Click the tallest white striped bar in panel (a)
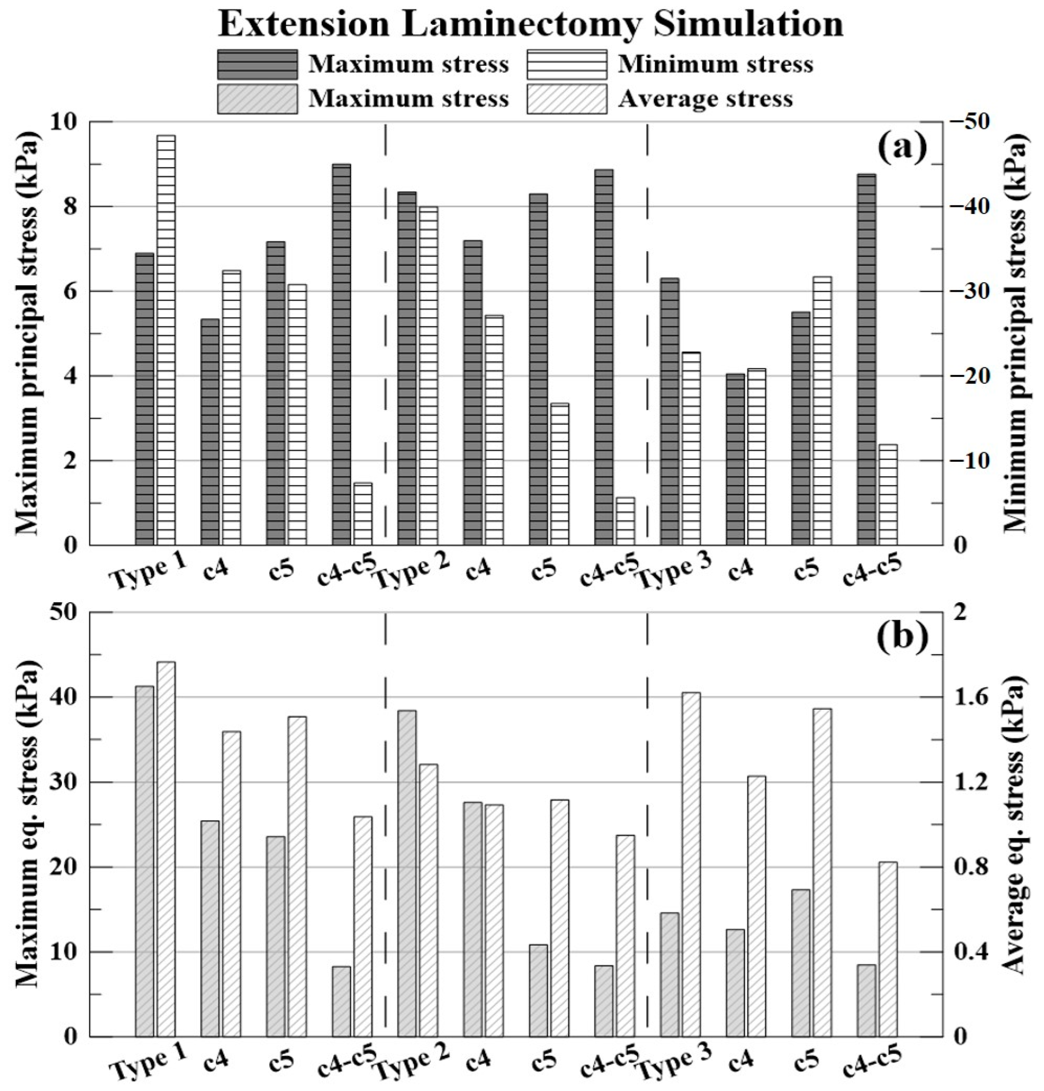click(x=166, y=340)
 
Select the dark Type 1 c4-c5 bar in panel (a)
click(x=341, y=355)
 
